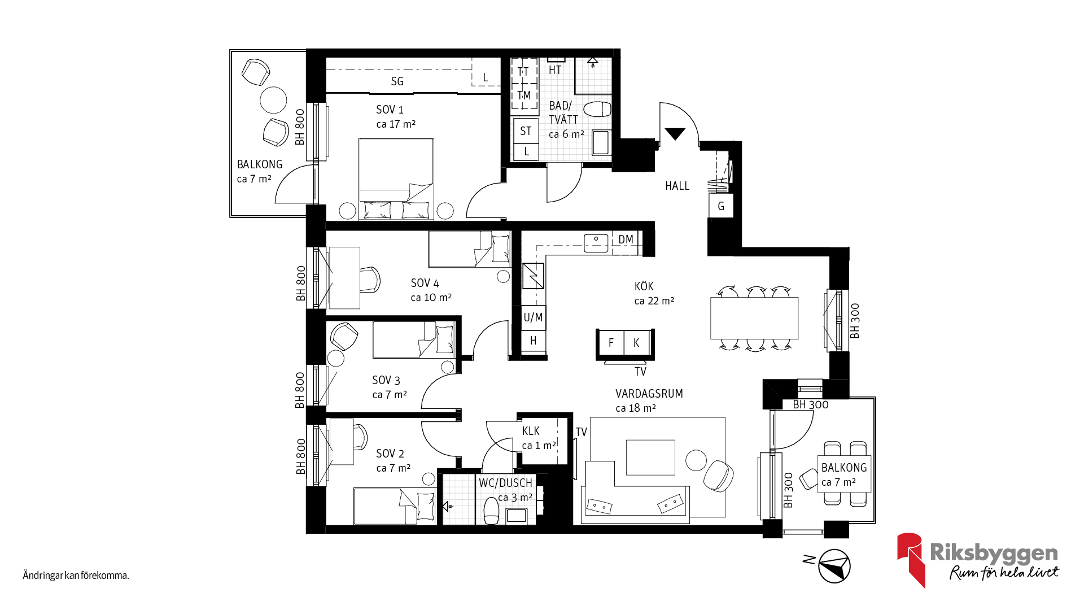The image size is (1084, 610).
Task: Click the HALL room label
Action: (677, 186)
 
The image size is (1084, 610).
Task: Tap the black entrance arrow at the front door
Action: (675, 134)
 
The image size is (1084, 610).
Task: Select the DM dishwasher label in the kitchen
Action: (626, 239)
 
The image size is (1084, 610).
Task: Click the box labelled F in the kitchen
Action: (611, 343)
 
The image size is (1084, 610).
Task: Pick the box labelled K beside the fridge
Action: (636, 343)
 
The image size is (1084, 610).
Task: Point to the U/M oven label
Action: (533, 317)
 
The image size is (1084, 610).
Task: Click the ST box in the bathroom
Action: (526, 131)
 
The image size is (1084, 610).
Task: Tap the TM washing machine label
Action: (524, 95)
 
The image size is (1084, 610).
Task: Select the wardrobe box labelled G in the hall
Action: (721, 206)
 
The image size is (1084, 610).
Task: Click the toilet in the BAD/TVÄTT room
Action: (597, 108)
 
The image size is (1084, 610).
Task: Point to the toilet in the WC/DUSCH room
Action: (491, 511)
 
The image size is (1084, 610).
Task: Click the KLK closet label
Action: (531, 431)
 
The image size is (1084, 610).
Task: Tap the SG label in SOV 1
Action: (397, 81)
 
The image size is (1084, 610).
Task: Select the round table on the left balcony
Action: (273, 100)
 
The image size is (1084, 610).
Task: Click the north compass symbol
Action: (834, 566)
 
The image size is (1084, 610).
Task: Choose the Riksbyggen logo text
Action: (994, 552)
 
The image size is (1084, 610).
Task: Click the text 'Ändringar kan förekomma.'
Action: (76, 576)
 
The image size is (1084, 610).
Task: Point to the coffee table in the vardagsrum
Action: (650, 457)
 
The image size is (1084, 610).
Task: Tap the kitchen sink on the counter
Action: (596, 243)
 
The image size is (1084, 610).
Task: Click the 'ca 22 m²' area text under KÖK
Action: (654, 301)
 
